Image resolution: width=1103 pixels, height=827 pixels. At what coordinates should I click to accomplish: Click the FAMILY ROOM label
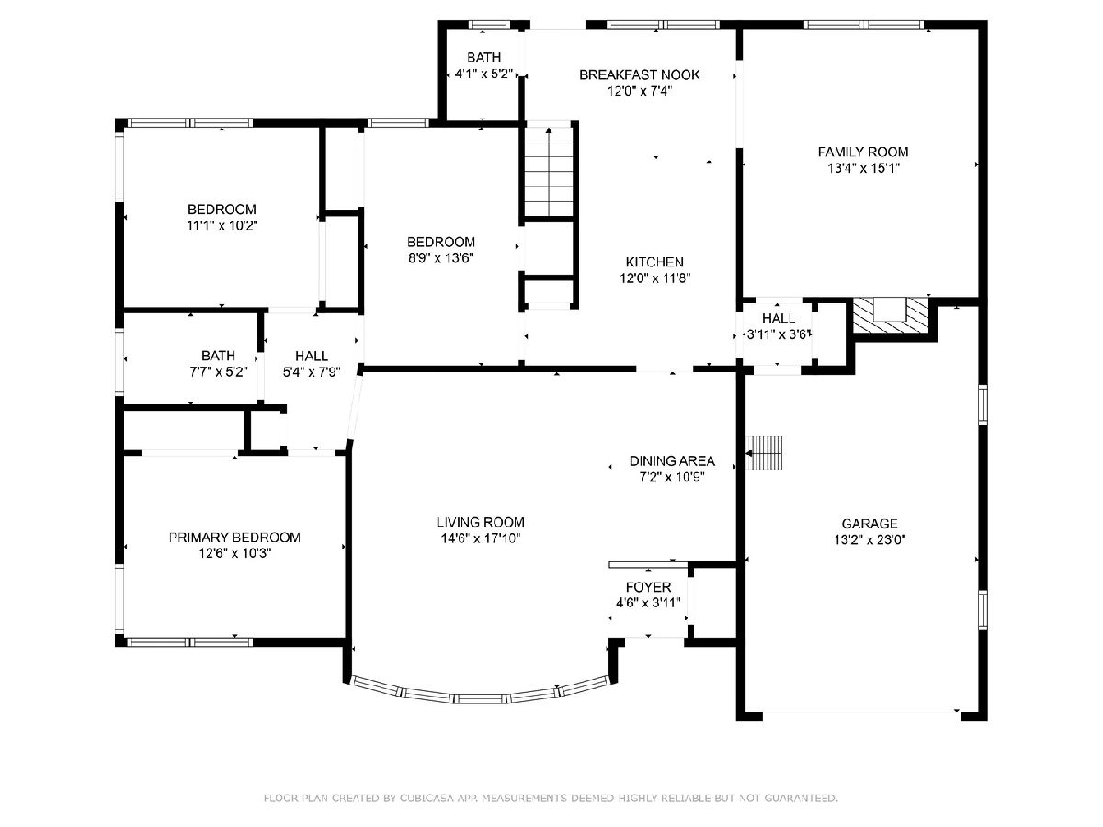(863, 152)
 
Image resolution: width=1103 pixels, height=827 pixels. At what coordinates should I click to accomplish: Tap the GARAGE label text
(870, 524)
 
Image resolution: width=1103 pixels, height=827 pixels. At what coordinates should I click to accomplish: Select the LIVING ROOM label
(481, 522)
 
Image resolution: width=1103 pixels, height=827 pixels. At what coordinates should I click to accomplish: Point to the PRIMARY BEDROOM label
(234, 538)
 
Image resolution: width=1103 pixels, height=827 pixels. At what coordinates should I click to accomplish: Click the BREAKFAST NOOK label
(639, 74)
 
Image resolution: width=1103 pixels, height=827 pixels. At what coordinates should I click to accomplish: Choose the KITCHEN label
(654, 262)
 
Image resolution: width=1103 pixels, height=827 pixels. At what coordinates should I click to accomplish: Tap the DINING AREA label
(672, 460)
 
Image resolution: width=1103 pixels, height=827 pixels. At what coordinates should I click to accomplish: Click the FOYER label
(648, 587)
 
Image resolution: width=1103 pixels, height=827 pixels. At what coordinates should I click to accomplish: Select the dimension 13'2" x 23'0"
(870, 539)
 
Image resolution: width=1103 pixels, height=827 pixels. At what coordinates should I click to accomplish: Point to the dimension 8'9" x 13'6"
(440, 258)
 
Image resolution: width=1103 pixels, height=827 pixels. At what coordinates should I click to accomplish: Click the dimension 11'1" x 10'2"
(222, 225)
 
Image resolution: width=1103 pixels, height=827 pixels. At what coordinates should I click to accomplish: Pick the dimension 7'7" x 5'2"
(219, 372)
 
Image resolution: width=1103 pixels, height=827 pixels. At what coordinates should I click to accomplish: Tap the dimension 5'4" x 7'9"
(312, 372)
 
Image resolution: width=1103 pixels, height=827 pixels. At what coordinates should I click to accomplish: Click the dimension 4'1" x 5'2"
(483, 74)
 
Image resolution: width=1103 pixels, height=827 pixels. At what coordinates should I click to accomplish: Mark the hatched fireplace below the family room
(891, 315)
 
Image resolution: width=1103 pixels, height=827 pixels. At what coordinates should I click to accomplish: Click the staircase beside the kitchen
(549, 172)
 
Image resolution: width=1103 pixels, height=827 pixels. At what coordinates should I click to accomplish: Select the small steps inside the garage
(764, 453)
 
